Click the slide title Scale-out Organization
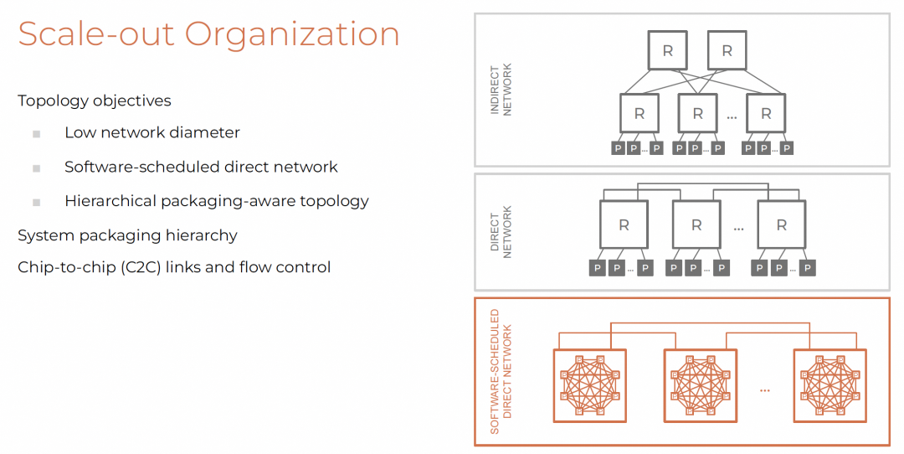[208, 34]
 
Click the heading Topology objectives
[94, 101]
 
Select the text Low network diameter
[152, 132]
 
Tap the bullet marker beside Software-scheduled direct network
[36, 168]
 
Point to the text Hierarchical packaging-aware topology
[216, 201]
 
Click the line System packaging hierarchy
[127, 235]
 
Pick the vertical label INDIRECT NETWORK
[501, 90]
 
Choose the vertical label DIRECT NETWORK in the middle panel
[501, 232]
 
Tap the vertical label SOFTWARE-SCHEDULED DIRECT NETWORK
[501, 371]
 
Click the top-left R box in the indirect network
[667, 51]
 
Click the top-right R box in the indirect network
[727, 51]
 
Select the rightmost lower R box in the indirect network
[766, 114]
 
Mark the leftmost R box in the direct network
[624, 225]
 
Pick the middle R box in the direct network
[696, 225]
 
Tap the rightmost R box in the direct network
[782, 225]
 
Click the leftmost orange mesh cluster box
[590, 385]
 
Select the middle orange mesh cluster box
[700, 385]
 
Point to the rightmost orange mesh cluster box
[830, 385]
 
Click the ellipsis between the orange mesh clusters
[765, 390]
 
